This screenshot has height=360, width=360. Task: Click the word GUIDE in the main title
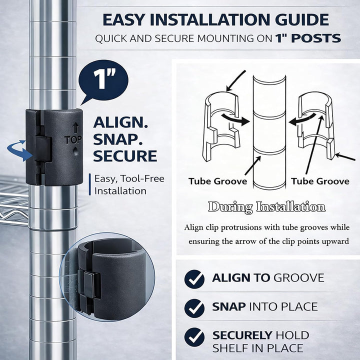(302, 19)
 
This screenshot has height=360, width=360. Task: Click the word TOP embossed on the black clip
(73, 140)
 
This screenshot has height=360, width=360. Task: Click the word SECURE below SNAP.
(125, 156)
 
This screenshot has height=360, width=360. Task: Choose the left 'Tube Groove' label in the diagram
(217, 181)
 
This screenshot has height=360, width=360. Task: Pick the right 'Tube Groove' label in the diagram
(320, 181)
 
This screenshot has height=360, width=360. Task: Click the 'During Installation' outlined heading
(267, 206)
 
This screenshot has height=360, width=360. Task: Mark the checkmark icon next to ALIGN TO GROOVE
(194, 279)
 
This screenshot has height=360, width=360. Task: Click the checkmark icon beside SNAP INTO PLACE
(194, 308)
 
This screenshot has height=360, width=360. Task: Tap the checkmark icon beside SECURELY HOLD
(194, 337)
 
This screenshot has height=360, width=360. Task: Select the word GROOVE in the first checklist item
(299, 278)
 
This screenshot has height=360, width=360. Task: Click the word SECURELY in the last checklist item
(242, 335)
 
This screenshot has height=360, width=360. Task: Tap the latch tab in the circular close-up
(89, 284)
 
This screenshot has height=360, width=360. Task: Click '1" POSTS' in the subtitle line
(308, 38)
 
